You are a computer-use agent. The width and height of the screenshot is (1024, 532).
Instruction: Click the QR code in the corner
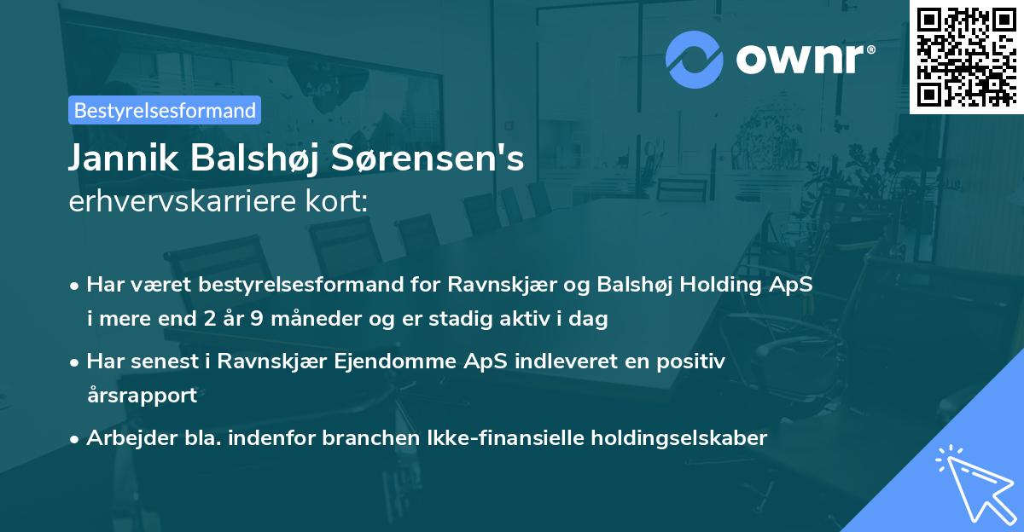point(967,56)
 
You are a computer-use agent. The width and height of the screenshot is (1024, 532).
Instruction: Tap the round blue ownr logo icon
point(695,60)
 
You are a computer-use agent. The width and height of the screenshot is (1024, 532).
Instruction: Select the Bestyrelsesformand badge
point(165,110)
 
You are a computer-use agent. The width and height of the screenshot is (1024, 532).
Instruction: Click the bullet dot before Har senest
point(75,362)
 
